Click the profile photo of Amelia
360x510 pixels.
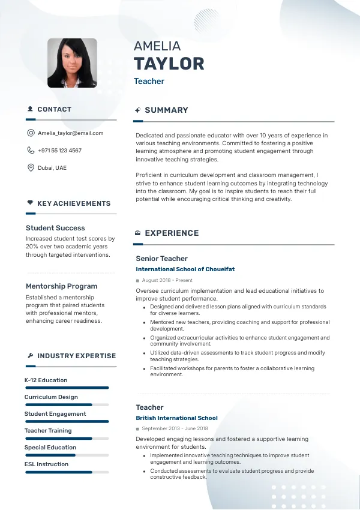72,63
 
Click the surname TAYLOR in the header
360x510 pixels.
169,64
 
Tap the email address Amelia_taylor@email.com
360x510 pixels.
70,133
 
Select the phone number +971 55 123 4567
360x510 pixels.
59,151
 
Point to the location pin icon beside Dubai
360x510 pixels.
31,167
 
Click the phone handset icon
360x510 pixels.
31,151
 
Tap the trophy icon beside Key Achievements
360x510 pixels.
30,203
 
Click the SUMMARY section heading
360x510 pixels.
166,110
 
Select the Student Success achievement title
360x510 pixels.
55,228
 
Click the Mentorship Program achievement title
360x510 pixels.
61,286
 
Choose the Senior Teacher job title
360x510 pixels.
161,259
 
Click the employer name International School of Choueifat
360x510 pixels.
185,269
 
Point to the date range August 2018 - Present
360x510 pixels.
167,280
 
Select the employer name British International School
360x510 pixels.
176,418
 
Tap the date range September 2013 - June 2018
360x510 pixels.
175,428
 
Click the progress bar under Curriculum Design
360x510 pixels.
67,405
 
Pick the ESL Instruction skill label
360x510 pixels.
46,464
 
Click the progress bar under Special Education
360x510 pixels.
67,455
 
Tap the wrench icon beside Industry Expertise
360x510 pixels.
30,356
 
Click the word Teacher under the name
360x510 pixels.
149,82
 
